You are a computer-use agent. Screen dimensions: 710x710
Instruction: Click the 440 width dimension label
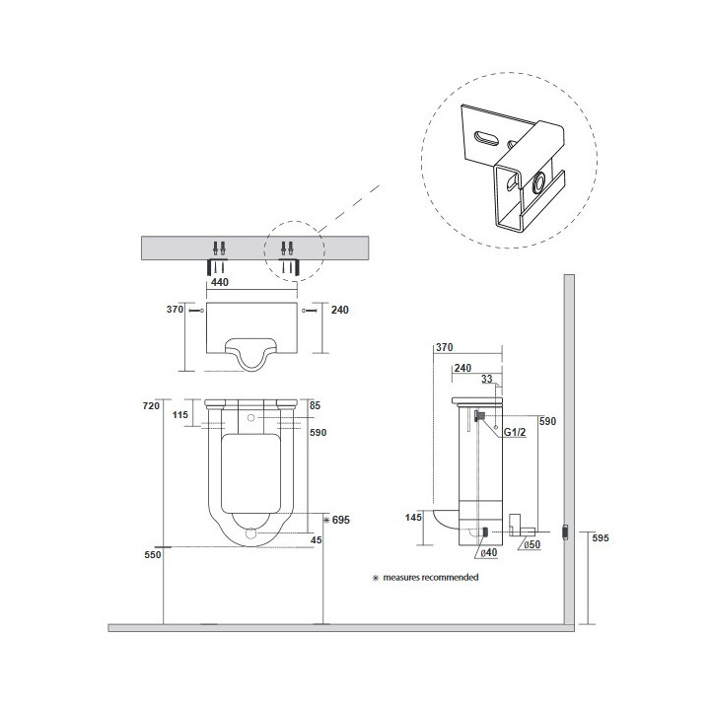click(x=220, y=282)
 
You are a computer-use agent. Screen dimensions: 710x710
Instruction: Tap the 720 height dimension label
click(x=151, y=405)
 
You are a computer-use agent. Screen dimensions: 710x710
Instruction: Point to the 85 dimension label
click(x=315, y=405)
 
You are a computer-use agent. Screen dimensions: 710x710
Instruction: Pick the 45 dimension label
click(x=317, y=539)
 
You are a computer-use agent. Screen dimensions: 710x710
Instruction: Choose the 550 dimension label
click(x=153, y=554)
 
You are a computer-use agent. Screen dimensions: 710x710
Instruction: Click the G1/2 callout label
click(x=515, y=433)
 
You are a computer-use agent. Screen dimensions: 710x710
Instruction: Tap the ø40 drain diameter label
click(x=488, y=552)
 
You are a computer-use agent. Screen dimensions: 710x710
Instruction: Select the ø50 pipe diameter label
click(x=532, y=544)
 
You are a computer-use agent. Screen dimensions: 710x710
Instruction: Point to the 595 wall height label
click(x=601, y=538)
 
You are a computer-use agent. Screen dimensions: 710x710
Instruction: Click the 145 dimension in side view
click(x=413, y=517)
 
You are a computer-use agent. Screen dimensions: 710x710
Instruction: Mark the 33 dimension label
click(x=487, y=379)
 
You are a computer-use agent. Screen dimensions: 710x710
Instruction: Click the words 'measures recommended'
click(x=431, y=577)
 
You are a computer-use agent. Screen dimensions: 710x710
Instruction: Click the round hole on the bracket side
click(x=538, y=183)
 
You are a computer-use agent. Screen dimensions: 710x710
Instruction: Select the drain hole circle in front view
click(x=250, y=532)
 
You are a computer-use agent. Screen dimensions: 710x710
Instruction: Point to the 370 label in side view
click(x=444, y=347)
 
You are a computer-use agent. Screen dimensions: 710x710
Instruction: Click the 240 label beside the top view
click(x=340, y=310)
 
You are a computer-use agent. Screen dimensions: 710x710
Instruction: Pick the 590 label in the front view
click(x=318, y=433)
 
